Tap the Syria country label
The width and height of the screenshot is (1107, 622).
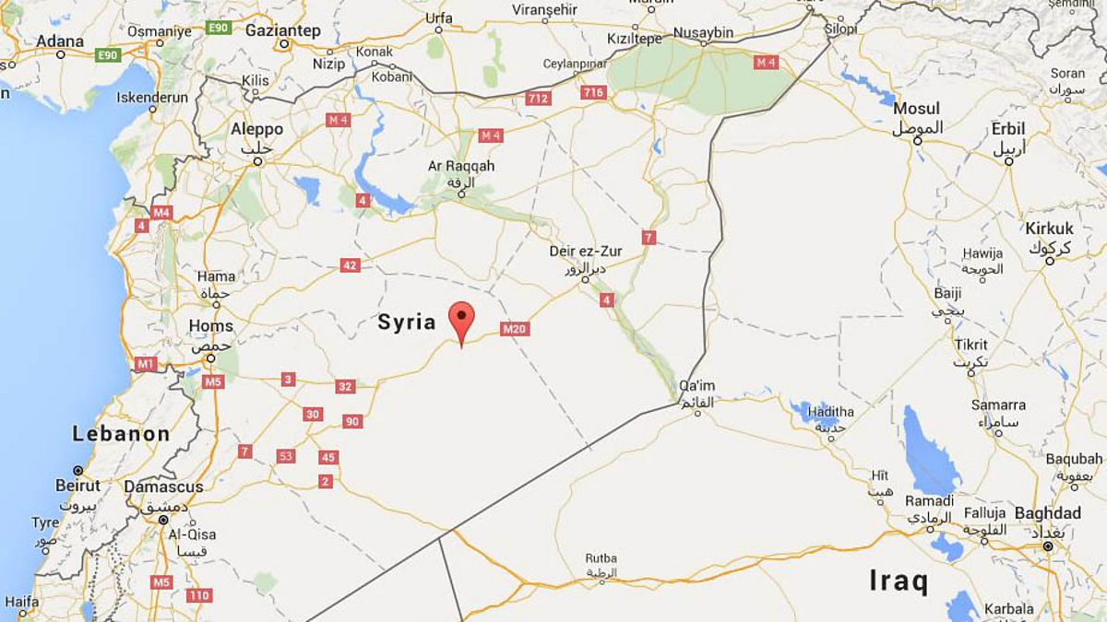click(x=406, y=322)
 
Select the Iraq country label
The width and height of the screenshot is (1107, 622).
click(x=899, y=581)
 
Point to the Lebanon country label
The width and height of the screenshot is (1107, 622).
click(x=122, y=433)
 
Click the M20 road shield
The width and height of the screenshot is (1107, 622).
click(x=515, y=329)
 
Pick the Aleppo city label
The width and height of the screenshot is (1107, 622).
click(x=256, y=130)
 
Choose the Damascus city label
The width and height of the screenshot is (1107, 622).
click(x=163, y=487)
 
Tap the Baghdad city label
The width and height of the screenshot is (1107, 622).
click(x=1047, y=513)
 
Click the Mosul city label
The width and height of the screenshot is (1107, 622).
click(x=916, y=109)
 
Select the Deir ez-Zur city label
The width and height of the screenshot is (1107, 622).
click(x=586, y=251)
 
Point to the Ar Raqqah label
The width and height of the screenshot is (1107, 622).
click(x=461, y=166)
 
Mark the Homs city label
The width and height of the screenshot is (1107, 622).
click(x=210, y=325)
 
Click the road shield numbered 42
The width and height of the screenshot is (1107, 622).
click(x=350, y=265)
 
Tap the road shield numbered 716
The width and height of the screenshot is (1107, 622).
click(x=593, y=92)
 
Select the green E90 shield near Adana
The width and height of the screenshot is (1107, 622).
click(x=108, y=55)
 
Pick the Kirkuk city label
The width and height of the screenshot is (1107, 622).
click(x=1050, y=229)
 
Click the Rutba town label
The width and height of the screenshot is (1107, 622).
click(x=600, y=558)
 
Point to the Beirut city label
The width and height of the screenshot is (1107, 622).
click(x=77, y=486)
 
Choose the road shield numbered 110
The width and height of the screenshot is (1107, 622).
click(x=198, y=595)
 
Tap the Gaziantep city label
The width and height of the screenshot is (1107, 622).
click(x=282, y=30)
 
